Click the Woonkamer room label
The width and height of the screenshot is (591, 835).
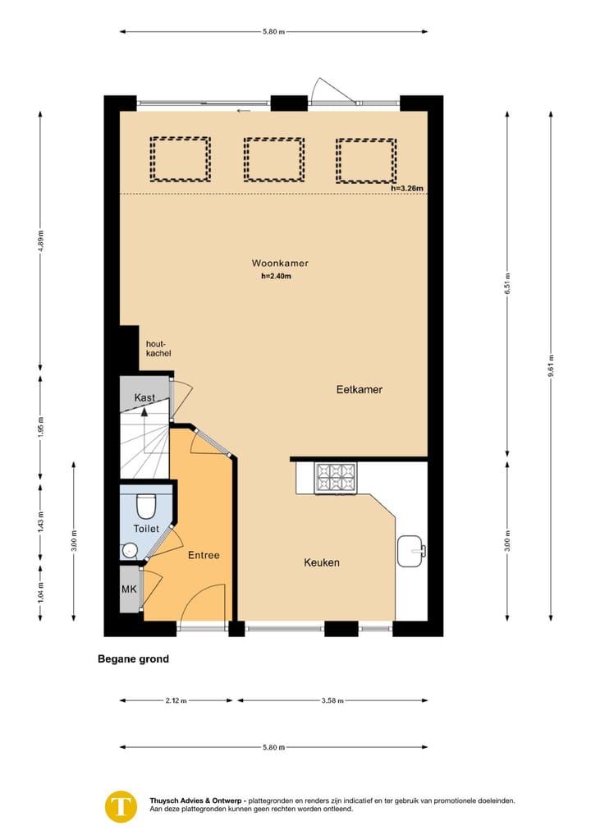pos(280,263)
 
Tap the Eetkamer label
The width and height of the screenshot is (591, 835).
pos(359,390)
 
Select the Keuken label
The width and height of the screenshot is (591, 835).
pos(322,562)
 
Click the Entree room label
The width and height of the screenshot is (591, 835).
pos(204,555)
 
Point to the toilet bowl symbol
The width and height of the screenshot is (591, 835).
pos(146,502)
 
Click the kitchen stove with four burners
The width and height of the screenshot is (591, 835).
pos(337,477)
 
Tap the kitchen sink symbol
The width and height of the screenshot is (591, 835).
pos(410,551)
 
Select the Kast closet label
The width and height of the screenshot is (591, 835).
pos(144,398)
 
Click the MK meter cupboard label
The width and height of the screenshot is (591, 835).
pos(130,589)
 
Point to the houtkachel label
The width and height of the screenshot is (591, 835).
pos(158,348)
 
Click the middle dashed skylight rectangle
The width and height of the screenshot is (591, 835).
pos(273,159)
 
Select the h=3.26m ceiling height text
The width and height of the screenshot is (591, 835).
pos(407,189)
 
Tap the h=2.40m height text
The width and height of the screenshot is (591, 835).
pos(277,277)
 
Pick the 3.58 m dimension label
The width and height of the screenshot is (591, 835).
pos(332,700)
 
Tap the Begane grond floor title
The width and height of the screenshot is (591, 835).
pos(133,658)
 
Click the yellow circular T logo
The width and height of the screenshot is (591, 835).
pos(121,805)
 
